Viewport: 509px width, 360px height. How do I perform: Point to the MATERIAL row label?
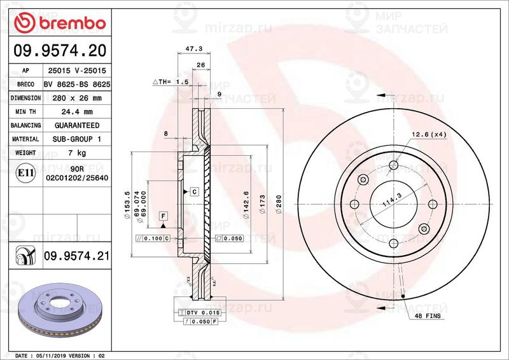coord(26,139)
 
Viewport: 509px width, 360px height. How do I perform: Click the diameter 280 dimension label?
coord(279,204)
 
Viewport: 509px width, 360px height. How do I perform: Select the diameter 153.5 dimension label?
coord(127,202)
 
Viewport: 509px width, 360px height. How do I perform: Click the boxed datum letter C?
coord(193,191)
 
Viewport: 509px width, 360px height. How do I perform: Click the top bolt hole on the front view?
coord(394,166)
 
